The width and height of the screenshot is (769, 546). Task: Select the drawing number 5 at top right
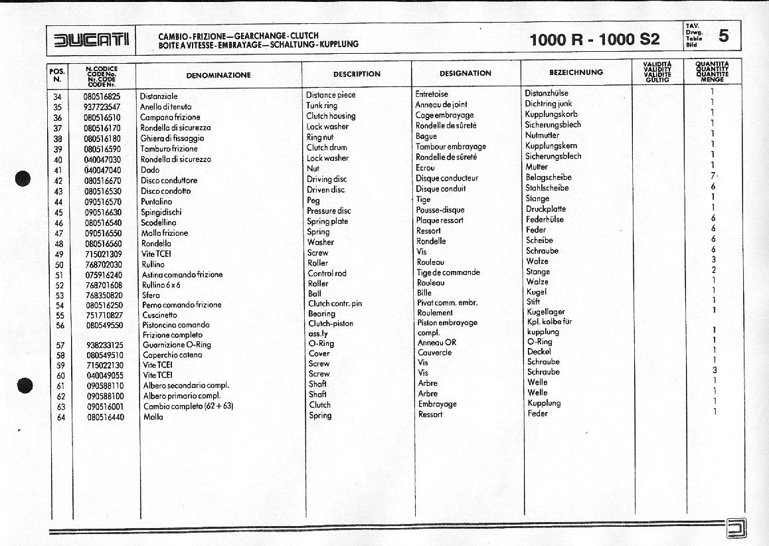pyautogui.click(x=723, y=37)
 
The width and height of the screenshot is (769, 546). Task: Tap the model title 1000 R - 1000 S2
pyautogui.click(x=594, y=40)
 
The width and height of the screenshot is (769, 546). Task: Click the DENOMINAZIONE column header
pyautogui.click(x=218, y=75)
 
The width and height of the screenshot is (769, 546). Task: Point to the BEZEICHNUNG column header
pyautogui.click(x=576, y=72)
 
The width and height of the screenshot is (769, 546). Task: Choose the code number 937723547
pyautogui.click(x=102, y=107)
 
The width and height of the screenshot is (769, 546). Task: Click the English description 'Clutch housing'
pyautogui.click(x=331, y=116)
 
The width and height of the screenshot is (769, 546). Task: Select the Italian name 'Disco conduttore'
pyautogui.click(x=169, y=181)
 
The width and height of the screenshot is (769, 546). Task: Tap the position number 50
pyautogui.click(x=58, y=264)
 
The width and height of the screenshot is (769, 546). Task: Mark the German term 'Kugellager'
pyautogui.click(x=545, y=312)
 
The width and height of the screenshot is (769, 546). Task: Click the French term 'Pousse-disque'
pyautogui.click(x=440, y=210)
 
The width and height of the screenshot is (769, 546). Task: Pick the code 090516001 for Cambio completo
pyautogui.click(x=105, y=407)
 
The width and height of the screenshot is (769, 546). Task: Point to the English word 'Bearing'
pyautogui.click(x=321, y=314)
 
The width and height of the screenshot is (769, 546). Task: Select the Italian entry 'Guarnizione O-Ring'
pyautogui.click(x=177, y=345)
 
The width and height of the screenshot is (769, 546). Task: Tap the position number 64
pyautogui.click(x=60, y=417)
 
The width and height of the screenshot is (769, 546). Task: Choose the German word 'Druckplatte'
pyautogui.click(x=546, y=209)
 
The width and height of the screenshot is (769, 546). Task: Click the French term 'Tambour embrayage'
pyautogui.click(x=450, y=147)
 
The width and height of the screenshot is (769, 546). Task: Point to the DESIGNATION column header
pyautogui.click(x=465, y=74)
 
